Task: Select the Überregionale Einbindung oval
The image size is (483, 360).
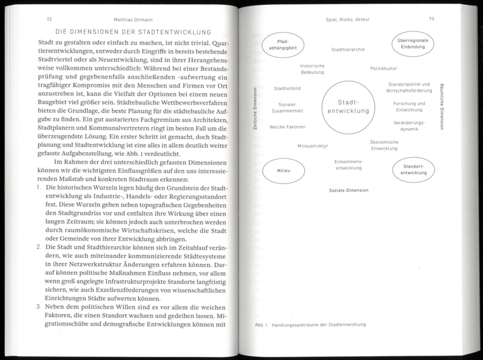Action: click(x=413, y=47)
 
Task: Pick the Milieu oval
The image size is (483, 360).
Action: click(x=284, y=172)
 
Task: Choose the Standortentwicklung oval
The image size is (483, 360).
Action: click(x=414, y=170)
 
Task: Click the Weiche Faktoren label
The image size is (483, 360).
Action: click(x=287, y=126)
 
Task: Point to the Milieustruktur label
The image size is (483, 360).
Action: click(x=317, y=146)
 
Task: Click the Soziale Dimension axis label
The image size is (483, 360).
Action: click(x=349, y=190)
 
